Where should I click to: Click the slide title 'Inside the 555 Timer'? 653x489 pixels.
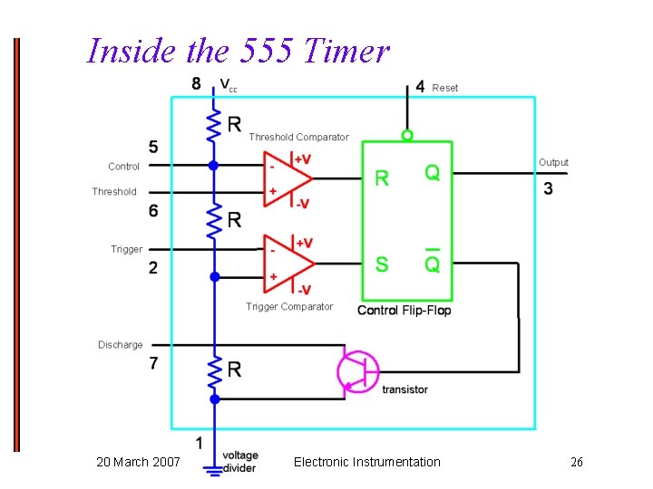coord(238,51)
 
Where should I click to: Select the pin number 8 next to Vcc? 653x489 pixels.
coord(197,84)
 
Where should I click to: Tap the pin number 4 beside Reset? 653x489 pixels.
coord(419,87)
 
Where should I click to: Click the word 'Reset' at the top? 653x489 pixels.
coord(445,88)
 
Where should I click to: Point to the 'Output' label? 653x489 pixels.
coord(553,163)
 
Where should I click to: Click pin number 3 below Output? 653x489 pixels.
coord(548,188)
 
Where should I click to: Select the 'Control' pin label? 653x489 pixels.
coord(123,167)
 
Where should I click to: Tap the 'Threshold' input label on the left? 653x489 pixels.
coord(114,192)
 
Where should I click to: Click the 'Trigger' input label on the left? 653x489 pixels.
coord(127,249)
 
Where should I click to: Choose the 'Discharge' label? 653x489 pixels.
coord(121,345)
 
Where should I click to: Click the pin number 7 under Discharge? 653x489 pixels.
coord(153,363)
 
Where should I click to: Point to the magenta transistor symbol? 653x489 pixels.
coord(356,371)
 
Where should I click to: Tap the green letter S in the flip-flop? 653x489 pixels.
coord(382,264)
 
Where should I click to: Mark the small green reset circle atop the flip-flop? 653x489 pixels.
coord(407,136)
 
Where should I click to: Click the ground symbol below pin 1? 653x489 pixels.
coord(214,470)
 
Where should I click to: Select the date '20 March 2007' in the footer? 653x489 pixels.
coord(138,463)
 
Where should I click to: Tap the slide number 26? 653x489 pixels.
coord(576,463)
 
